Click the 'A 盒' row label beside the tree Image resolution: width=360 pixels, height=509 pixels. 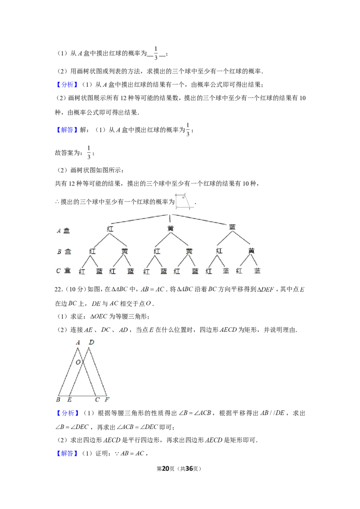pos(63,231)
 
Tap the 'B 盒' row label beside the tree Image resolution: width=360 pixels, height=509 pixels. pos(64,251)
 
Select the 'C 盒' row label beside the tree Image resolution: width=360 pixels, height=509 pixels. pos(63,270)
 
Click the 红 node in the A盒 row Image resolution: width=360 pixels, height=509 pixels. pos(110,229)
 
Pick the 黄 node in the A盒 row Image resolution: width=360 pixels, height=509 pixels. pos(170,228)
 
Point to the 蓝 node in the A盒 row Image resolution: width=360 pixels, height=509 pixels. pos(232,227)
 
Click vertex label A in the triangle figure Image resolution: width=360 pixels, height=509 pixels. pos(78,343)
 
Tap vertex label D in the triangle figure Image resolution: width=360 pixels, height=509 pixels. pos(91,342)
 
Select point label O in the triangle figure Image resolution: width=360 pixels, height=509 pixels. pos(78,362)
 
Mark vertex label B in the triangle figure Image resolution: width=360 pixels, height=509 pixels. pos(58,400)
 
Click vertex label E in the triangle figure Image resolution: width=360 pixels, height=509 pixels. pos(69,400)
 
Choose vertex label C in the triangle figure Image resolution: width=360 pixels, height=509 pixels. pos(97,400)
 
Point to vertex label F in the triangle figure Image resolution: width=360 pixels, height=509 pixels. pos(107,400)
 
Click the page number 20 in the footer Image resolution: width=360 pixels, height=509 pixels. pos(166,469)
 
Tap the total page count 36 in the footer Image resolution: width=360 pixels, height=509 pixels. pos(189,469)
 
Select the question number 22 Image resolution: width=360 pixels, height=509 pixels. pos(58,289)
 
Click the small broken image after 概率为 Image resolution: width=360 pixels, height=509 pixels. pos(184,201)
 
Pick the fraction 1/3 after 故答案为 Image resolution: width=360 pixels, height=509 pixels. pos(89,152)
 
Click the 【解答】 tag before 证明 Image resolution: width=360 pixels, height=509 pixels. pos(67,453)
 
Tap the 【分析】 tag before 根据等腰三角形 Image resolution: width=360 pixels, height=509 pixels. pos(67,413)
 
